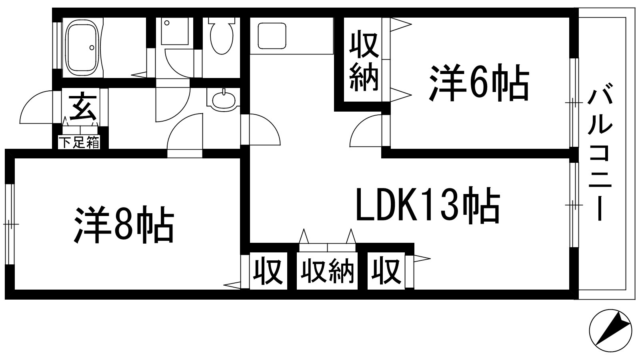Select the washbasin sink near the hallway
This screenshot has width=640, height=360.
pos(224,100)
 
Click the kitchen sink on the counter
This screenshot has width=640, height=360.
pos(272,36)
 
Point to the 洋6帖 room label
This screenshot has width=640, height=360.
pos(479,83)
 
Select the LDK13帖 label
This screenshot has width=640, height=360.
pos(428,204)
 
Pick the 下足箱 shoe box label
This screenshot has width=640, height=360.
pos(79,142)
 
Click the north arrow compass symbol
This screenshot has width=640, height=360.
pos(610,331)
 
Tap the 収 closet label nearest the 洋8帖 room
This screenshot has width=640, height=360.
pos(268,271)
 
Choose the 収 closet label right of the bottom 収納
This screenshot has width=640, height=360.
pos(386,271)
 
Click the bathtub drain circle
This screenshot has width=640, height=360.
pos(92,48)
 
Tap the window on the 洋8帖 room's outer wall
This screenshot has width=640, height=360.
pos(10,224)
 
